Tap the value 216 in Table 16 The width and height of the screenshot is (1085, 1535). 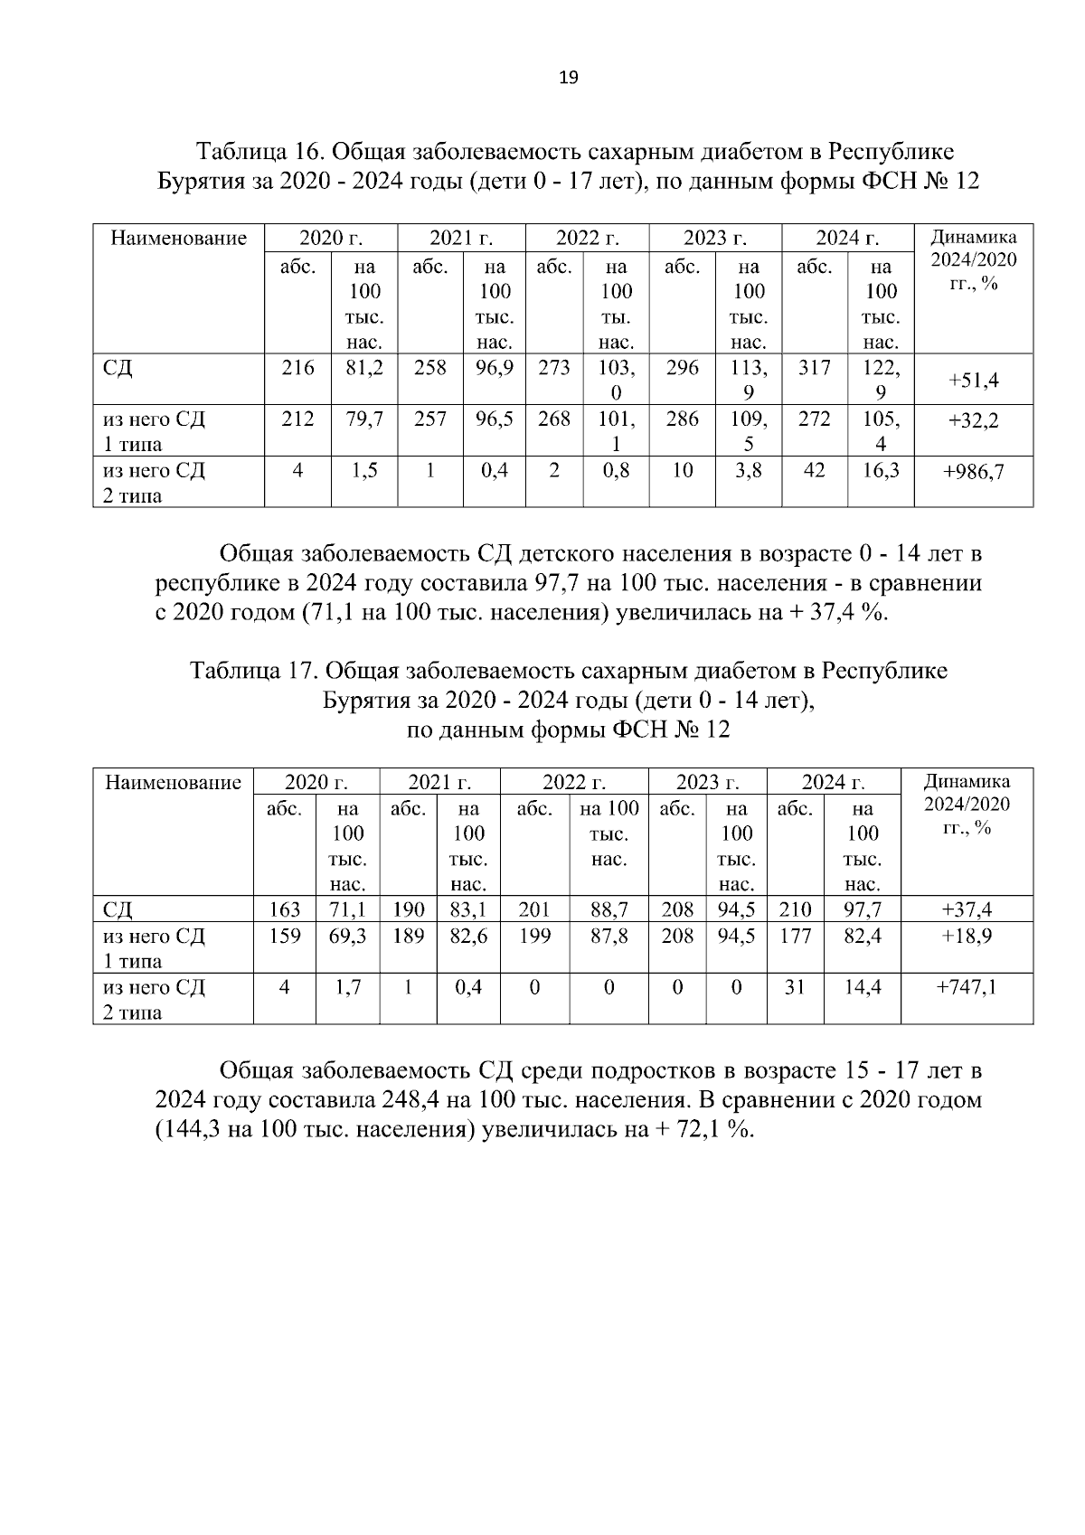(297, 368)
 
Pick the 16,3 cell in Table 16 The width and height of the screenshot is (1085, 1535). (881, 470)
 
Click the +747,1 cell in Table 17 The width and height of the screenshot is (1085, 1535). (967, 987)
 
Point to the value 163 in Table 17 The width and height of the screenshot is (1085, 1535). (285, 909)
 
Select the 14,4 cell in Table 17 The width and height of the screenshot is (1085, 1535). (863, 987)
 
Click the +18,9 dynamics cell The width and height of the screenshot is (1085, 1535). (967, 936)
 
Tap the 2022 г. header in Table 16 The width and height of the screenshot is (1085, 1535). (587, 239)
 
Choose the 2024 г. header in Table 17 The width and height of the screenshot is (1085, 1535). (834, 782)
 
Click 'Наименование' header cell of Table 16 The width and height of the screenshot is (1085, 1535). (178, 239)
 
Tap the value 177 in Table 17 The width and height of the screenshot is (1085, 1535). (795, 936)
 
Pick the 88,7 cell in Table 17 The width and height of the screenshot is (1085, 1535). (609, 909)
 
